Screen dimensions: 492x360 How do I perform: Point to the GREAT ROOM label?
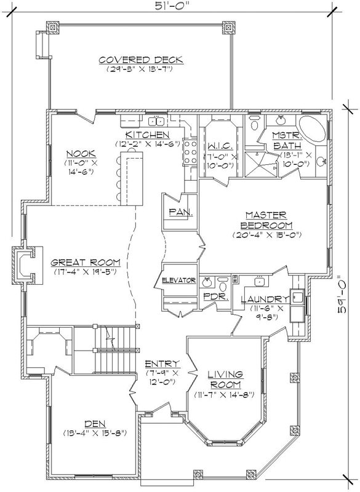click(x=86, y=261)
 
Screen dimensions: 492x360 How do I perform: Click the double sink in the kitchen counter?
click(x=156, y=120)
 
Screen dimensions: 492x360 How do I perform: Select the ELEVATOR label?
click(x=179, y=280)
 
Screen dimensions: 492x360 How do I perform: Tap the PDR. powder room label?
click(x=216, y=296)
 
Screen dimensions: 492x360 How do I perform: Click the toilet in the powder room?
click(x=222, y=283)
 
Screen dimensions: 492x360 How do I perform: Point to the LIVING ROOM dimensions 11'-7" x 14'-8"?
click(x=224, y=394)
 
